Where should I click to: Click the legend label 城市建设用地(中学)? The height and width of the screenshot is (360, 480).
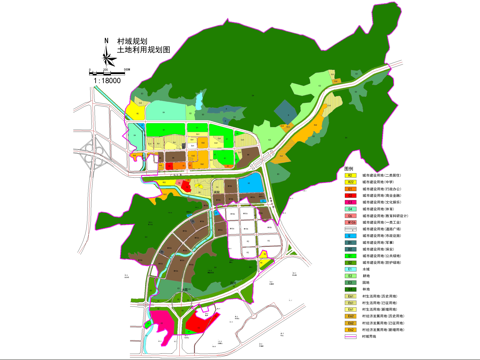[x=381, y=182]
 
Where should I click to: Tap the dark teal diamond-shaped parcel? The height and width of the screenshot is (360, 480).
[x=286, y=110]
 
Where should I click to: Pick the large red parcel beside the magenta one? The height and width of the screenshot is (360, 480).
[x=198, y=322]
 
